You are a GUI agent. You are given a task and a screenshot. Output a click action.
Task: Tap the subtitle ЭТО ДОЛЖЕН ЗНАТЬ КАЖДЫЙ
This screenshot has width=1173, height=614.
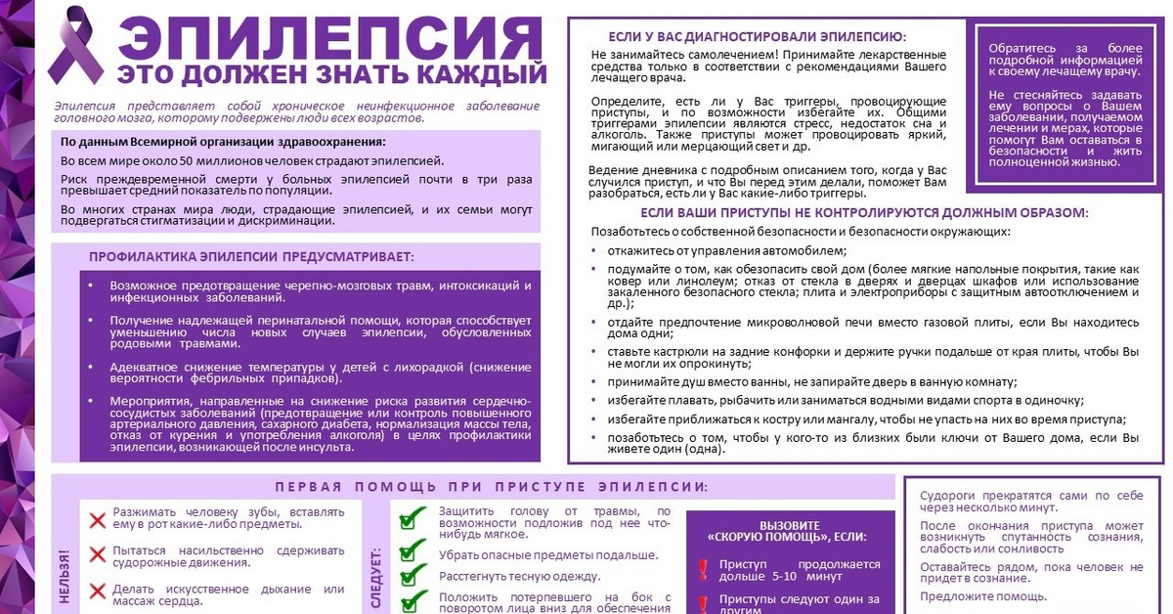[x=331, y=74]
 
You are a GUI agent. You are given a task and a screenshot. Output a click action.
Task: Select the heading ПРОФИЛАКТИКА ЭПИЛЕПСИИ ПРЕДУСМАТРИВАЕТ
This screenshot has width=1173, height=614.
[x=251, y=257]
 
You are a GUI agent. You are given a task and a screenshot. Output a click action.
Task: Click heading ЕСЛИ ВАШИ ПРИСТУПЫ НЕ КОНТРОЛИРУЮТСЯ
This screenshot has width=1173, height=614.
[x=864, y=212]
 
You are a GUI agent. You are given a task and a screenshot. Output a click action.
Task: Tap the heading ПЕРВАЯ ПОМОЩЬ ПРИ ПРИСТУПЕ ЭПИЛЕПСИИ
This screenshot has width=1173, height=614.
[x=492, y=487]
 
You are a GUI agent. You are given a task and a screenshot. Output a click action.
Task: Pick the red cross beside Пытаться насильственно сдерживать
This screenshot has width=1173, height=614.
[x=98, y=555]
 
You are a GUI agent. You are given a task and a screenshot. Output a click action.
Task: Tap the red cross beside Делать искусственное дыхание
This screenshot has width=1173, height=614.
[x=98, y=591]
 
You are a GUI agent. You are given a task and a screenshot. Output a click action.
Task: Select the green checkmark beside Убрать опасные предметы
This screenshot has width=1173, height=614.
[x=414, y=551]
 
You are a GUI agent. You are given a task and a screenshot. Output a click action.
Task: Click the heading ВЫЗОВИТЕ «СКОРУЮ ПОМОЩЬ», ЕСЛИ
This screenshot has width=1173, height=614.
[x=789, y=531]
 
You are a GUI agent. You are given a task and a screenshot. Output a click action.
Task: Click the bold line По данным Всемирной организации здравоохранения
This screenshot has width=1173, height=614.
[x=223, y=143]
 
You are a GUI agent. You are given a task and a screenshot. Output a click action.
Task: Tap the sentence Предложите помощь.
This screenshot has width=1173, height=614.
[x=982, y=596]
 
